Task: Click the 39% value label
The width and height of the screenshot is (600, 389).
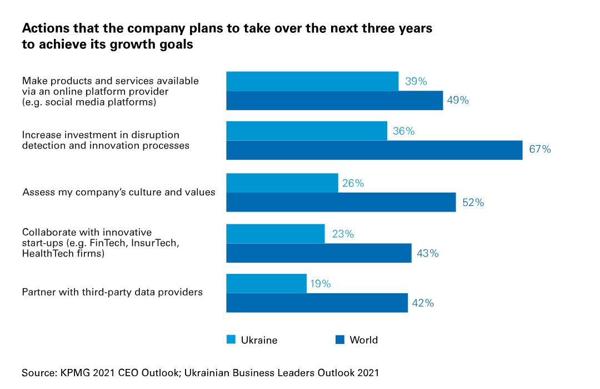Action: coord(416,81)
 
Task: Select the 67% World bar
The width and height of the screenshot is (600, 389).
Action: coord(374,150)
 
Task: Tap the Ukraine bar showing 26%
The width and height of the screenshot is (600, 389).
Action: coord(282,183)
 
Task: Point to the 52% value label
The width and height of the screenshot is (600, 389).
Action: coord(473,203)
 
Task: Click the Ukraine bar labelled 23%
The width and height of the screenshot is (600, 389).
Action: coord(275,234)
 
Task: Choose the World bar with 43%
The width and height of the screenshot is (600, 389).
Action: coord(318,253)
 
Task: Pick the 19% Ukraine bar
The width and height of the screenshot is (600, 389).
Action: coord(266,283)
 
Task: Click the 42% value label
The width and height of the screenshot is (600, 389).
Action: coord(423,303)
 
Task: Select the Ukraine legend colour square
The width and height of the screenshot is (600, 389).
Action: coord(231,339)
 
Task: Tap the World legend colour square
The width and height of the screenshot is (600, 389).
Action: coord(340,339)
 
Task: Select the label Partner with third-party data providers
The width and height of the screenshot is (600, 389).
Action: coord(112,292)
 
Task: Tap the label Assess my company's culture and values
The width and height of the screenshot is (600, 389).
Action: coord(119,193)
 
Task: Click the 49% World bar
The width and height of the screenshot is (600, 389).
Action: coord(334,100)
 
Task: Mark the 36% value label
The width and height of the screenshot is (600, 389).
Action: coord(404,131)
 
